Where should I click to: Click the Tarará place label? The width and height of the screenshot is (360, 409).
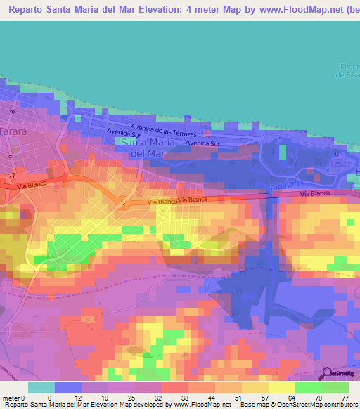pyautogui.click(x=14, y=131)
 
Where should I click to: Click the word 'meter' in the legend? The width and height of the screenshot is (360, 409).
pyautogui.click(x=11, y=398)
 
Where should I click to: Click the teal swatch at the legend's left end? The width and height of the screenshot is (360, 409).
pyautogui.click(x=41, y=387)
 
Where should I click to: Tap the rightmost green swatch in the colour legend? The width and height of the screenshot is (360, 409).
pyautogui.click(x=335, y=387)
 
